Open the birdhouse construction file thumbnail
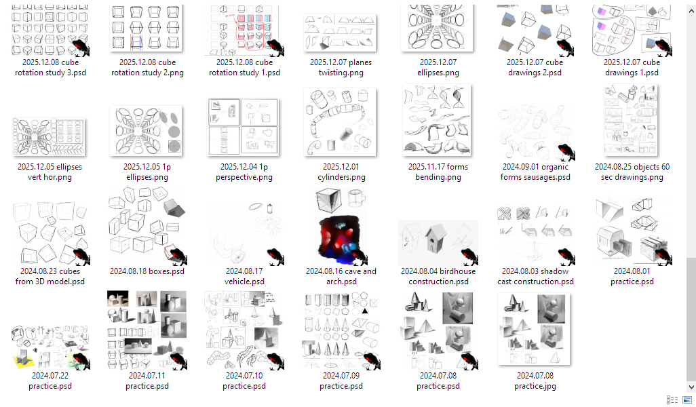point(438,242)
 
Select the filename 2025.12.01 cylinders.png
point(341,172)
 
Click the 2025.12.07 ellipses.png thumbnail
point(438,28)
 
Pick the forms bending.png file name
point(438,172)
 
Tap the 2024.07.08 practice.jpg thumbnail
point(534,329)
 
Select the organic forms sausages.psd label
point(535,172)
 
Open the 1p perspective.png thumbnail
point(244,128)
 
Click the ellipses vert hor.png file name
point(50,172)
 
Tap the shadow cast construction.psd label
point(535,276)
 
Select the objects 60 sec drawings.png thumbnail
point(631,120)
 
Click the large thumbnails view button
point(687,400)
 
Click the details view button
point(672,400)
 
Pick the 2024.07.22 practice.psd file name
point(50,381)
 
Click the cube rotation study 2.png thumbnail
point(147,28)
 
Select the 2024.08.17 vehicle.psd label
point(244,276)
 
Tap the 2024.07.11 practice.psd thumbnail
point(147,330)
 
